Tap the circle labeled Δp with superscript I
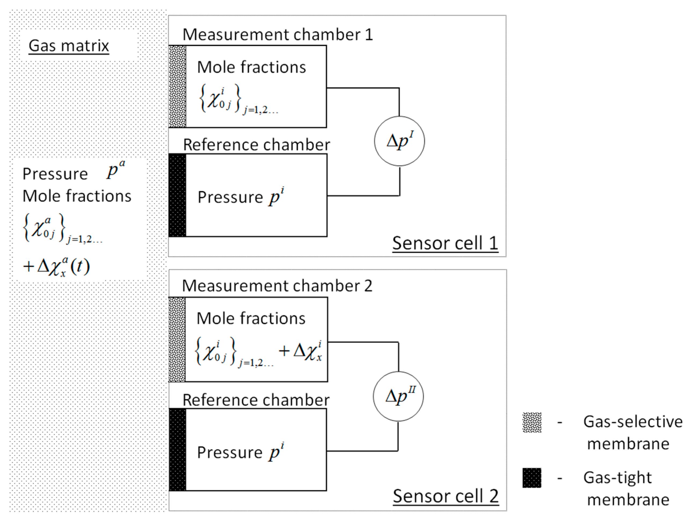click(399, 141)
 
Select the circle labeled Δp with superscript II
click(398, 396)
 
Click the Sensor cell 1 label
click(445, 243)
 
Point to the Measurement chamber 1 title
click(278, 34)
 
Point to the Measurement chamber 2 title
click(277, 286)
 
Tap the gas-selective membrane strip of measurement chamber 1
click(177, 86)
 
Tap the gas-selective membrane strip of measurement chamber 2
click(177, 339)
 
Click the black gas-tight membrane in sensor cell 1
click(177, 195)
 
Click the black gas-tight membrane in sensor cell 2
click(177, 450)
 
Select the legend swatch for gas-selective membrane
click(532, 422)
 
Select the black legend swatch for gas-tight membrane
click(532, 478)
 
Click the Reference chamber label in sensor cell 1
click(256, 145)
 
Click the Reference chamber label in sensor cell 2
click(256, 400)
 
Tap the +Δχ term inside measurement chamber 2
click(300, 351)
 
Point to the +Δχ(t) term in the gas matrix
click(56, 267)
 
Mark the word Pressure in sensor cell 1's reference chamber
click(230, 197)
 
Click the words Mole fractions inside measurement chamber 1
click(251, 67)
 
